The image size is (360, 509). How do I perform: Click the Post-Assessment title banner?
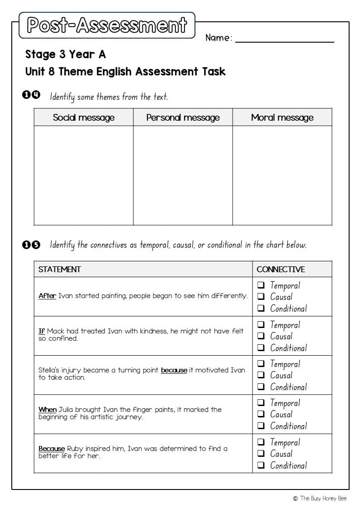tap(107, 25)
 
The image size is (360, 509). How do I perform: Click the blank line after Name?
tap(284, 38)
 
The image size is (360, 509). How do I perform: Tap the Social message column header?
tap(83, 117)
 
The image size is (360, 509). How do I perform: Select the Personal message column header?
tap(183, 117)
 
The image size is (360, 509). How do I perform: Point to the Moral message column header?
tap(282, 117)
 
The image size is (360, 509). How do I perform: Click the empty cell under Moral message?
tap(282, 175)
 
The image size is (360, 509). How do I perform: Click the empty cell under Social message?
tap(83, 175)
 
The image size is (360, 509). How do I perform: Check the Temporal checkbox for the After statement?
tap(261, 285)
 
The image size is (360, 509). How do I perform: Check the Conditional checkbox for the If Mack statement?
tap(261, 348)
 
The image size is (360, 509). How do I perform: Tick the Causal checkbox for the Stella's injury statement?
tap(261, 375)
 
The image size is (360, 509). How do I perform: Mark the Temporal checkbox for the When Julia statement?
tap(261, 403)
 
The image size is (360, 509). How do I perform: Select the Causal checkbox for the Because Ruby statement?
tap(261, 454)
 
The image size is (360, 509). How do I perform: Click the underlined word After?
tap(47, 296)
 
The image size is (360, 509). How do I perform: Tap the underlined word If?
tap(42, 331)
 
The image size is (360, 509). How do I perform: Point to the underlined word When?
tap(47, 410)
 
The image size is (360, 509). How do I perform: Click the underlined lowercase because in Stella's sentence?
tap(174, 370)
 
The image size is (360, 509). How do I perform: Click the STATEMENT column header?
tap(59, 269)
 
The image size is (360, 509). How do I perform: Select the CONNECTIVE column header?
tap(281, 269)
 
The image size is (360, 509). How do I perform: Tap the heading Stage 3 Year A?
tap(65, 54)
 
